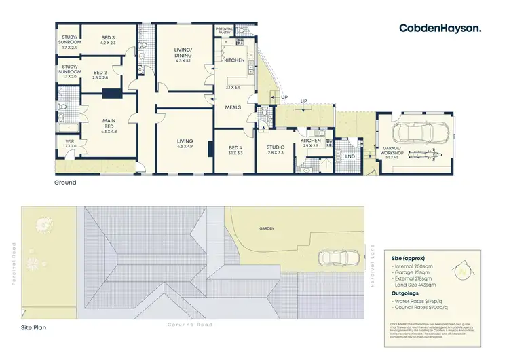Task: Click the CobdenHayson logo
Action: [440, 28]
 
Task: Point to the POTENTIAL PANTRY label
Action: [225, 31]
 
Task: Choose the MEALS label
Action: [233, 107]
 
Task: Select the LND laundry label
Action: [350, 156]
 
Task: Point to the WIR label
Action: [70, 143]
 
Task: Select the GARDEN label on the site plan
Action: [266, 228]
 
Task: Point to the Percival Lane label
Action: [373, 264]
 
